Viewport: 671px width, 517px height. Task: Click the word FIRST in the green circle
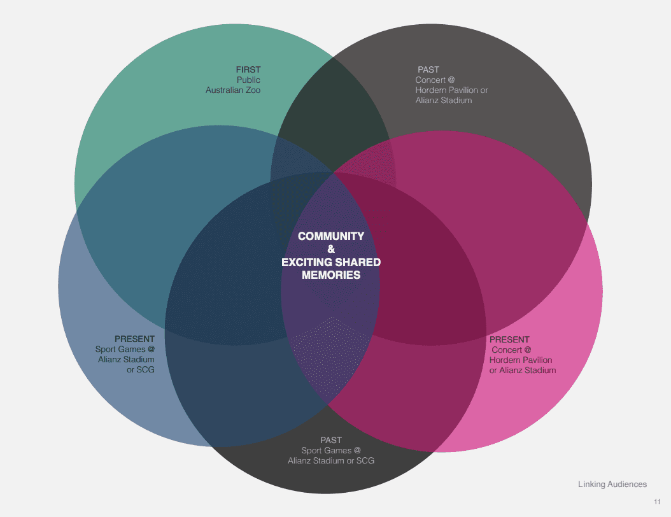(x=248, y=69)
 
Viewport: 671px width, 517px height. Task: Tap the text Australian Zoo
(x=233, y=90)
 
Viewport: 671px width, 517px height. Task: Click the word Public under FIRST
(x=248, y=80)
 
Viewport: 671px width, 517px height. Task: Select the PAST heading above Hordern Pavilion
(x=428, y=69)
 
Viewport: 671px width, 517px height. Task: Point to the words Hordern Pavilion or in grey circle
(x=451, y=90)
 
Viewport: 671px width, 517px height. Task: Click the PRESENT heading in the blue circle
(x=134, y=339)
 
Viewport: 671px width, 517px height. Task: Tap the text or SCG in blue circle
(x=141, y=370)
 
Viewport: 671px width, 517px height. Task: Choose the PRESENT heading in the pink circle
(x=509, y=339)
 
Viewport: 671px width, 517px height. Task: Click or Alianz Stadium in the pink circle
(x=522, y=370)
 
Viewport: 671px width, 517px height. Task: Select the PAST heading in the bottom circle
(x=331, y=440)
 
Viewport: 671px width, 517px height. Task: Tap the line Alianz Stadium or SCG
(x=331, y=460)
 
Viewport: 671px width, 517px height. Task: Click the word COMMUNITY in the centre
(x=331, y=236)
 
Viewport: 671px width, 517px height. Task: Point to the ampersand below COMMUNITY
(x=331, y=249)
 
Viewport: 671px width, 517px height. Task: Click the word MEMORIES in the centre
(x=331, y=275)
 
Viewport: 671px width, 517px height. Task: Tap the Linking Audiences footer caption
(x=612, y=485)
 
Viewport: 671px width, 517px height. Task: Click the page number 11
(x=657, y=501)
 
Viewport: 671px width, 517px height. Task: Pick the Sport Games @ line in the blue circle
(x=125, y=350)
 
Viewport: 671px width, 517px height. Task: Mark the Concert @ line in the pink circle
(x=512, y=350)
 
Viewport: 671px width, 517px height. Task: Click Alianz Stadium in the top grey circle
(x=444, y=101)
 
